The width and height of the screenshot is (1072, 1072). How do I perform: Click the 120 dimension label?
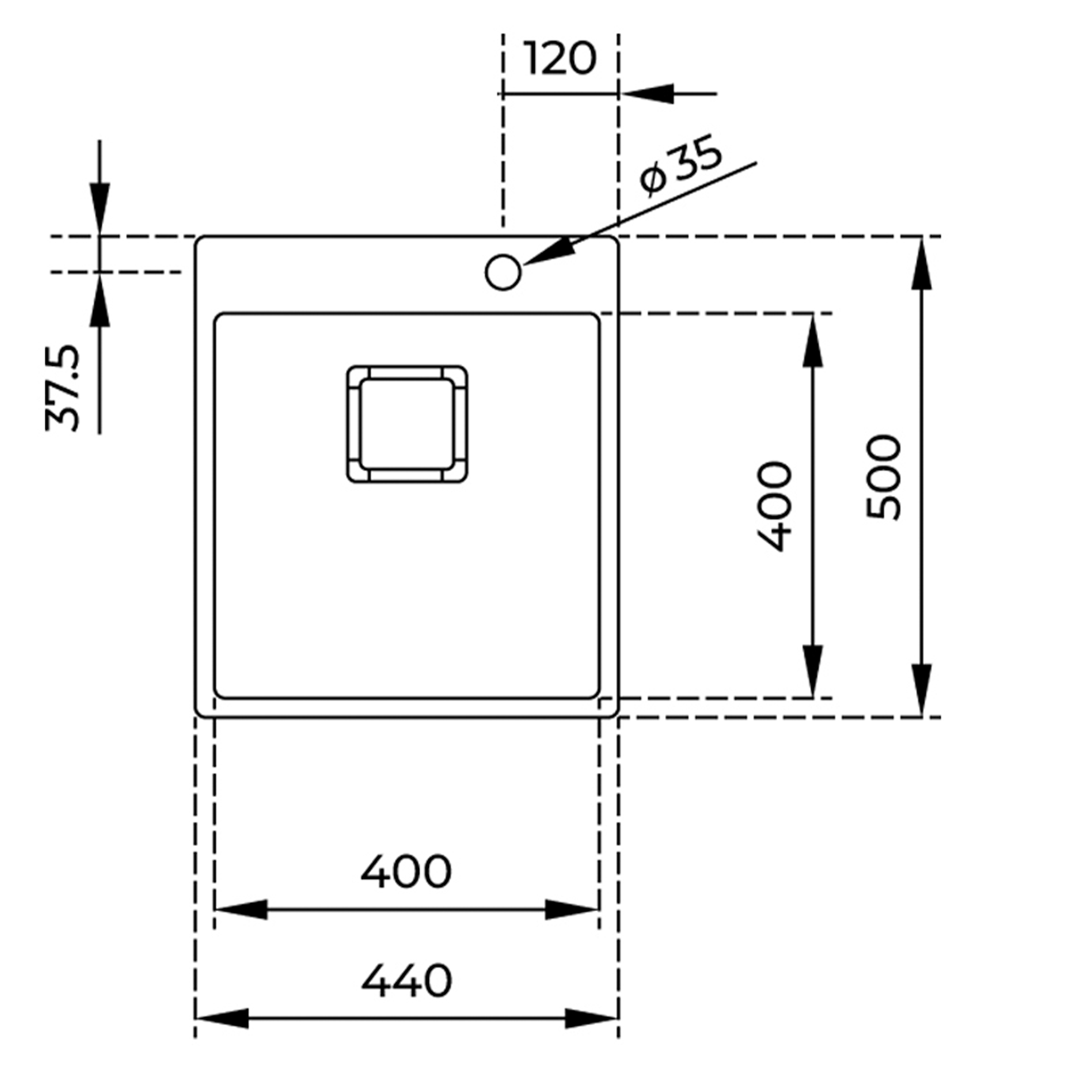560,59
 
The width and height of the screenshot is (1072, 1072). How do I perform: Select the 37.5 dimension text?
63,388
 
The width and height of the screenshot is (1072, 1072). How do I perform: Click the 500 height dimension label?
884,477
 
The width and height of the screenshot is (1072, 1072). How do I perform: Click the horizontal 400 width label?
406,872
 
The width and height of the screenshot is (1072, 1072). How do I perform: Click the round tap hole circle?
503,272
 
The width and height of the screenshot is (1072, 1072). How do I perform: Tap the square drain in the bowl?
407,424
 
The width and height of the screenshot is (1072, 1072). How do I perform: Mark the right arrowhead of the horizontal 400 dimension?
571,910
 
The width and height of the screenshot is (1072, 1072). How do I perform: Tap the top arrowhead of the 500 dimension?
921,264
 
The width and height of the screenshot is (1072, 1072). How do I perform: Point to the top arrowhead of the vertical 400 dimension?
812,342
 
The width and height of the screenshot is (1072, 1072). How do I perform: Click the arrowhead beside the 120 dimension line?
648,94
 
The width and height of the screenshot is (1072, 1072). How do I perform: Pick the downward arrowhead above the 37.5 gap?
100,207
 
